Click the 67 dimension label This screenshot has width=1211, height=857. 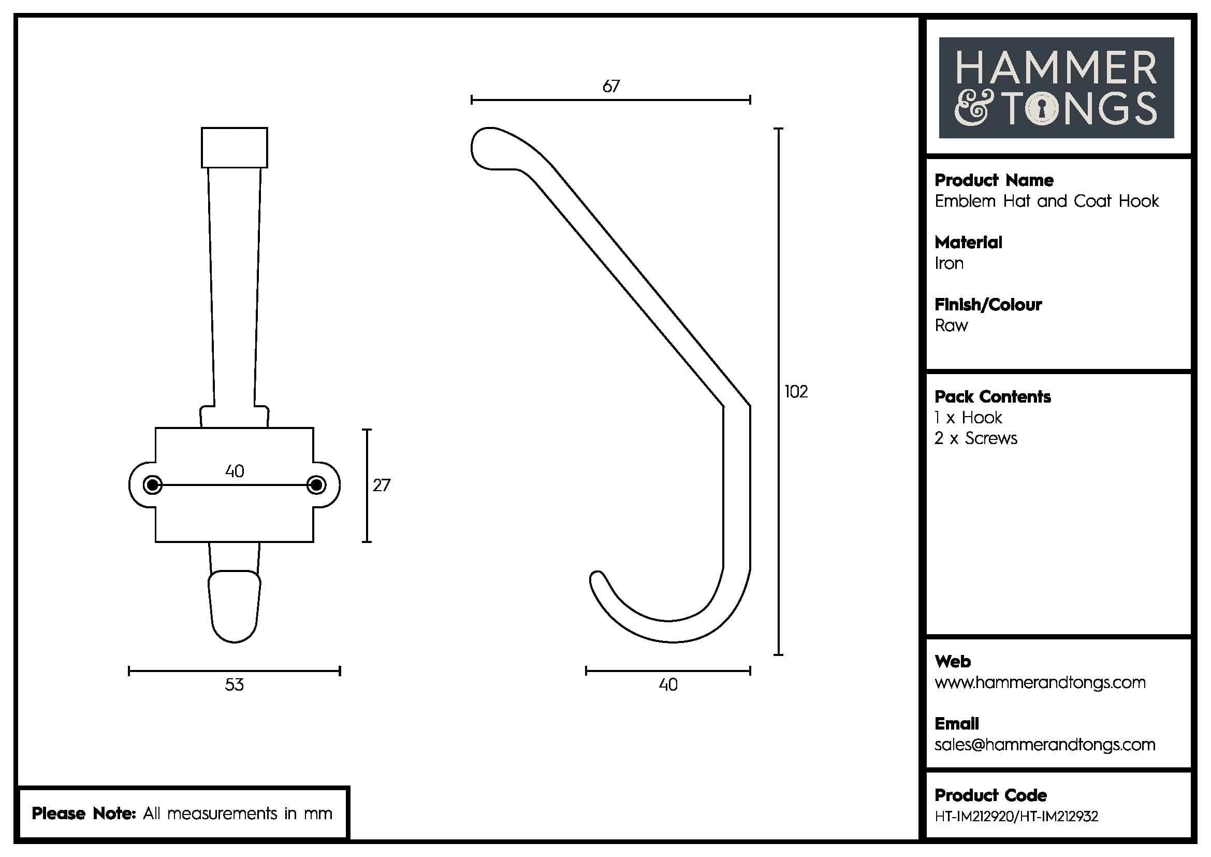coord(611,86)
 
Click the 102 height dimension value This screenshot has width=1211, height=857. coord(796,392)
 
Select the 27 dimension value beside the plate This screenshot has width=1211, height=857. coord(382,485)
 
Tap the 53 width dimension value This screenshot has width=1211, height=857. coord(234,685)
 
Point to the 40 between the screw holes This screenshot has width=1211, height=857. coord(234,470)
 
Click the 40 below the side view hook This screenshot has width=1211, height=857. coord(668,685)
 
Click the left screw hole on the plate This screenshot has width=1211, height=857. coord(152,485)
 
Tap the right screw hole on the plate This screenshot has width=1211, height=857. coord(316,485)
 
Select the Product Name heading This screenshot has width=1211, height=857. coord(994,180)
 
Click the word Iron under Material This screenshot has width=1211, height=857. coord(949,263)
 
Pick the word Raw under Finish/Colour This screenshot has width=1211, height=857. coord(951,325)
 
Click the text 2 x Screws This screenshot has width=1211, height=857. coord(976,438)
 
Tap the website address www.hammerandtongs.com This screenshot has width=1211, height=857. coord(1040,682)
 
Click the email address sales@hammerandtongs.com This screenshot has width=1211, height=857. coord(1044,745)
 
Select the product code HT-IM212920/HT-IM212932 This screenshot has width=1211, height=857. coord(1016,817)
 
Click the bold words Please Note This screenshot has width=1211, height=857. coord(84,813)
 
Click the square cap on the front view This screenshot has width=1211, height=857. coord(234,147)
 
